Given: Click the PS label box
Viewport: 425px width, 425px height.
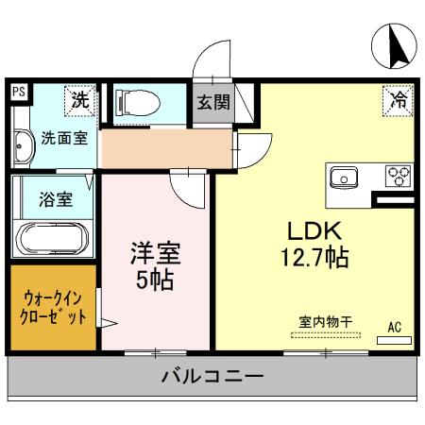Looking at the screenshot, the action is (x=19, y=93).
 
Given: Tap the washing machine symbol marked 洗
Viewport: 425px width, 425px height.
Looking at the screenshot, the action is (x=80, y=100).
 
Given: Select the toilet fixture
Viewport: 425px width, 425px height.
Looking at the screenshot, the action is (x=138, y=103).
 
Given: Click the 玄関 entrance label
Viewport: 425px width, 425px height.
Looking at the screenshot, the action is (x=213, y=102).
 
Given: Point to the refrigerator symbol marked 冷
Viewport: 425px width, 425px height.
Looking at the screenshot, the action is (x=398, y=100).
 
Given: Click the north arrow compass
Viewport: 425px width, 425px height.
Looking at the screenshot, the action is (x=394, y=46).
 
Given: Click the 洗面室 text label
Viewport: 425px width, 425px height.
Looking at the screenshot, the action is (x=64, y=138).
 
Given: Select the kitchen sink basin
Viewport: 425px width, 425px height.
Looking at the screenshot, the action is (x=344, y=178).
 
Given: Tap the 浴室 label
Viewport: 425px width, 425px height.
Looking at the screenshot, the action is (x=56, y=199).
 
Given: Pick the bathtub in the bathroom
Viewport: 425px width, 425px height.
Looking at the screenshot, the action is (x=52, y=238).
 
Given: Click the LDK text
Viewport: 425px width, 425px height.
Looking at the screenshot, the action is (x=314, y=231).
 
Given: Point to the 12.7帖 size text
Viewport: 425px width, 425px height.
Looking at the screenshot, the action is (x=314, y=257).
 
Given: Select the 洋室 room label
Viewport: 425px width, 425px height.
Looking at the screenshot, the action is (x=156, y=253).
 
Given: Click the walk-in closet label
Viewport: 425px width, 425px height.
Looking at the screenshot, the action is (x=53, y=308).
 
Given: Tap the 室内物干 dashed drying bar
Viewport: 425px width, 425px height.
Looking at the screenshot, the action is (x=326, y=335).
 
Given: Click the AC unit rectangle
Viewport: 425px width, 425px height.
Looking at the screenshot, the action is (x=394, y=340).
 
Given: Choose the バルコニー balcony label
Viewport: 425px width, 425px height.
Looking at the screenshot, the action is (x=212, y=376).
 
